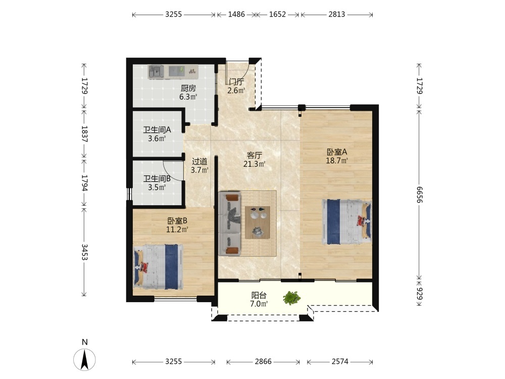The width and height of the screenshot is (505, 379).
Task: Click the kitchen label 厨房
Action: [188, 88]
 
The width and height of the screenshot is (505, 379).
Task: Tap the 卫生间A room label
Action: [157, 130]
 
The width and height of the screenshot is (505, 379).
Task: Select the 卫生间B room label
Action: [157, 178]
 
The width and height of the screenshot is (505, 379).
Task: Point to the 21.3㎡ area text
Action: [254, 164]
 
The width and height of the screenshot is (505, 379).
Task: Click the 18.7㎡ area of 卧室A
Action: [337, 160]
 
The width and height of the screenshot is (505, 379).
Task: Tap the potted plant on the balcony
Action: [292, 298]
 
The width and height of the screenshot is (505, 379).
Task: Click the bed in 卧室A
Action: [346, 222]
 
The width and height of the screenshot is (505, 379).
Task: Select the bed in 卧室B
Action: [158, 267]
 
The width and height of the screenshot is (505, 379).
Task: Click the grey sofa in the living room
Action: [230, 224]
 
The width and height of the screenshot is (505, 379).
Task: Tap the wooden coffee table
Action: [258, 222]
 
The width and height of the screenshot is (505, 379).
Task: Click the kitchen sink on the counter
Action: [156, 72]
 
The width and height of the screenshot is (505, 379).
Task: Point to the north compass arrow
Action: [85, 359]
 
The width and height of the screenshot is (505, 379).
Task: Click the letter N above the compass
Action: [85, 342]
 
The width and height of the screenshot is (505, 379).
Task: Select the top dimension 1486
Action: [236, 14]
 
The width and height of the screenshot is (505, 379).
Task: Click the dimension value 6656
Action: [420, 195]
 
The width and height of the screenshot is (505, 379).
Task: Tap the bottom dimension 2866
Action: [263, 362]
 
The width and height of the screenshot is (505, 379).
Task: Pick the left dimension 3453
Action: [84, 252]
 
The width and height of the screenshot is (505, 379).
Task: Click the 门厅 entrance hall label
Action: [237, 82]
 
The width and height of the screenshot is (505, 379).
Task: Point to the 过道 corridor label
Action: [199, 161]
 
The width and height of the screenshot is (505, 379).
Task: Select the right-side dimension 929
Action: [420, 293]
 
